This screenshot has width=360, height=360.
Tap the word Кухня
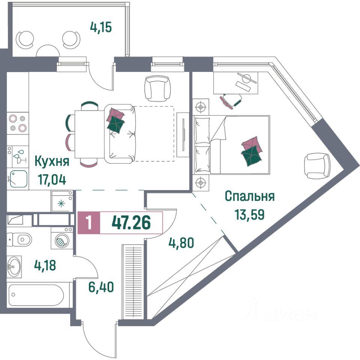click(x=52, y=162)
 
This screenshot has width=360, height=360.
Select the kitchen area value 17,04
click(x=52, y=179)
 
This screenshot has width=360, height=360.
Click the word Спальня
click(x=249, y=196)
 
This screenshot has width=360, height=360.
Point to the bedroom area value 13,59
click(x=250, y=214)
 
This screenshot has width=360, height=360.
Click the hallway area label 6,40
click(x=100, y=288)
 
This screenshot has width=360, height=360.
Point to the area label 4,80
click(x=181, y=243)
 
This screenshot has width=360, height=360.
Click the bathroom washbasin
click(x=15, y=267)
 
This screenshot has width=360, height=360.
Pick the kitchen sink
click(x=18, y=179)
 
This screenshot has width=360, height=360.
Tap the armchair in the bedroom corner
click(x=317, y=166)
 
